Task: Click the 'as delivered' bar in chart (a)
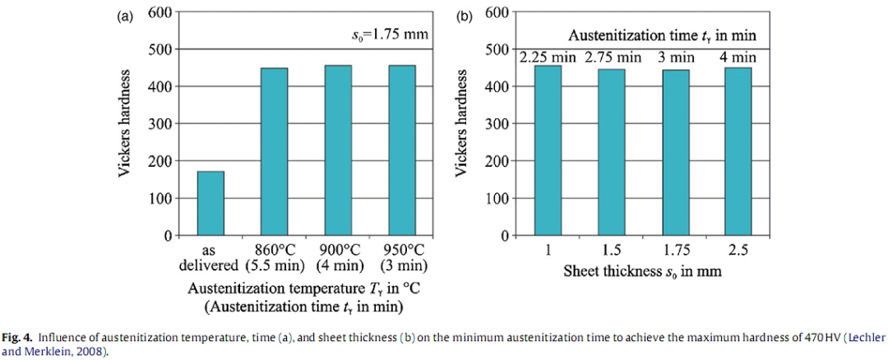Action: click(210, 203)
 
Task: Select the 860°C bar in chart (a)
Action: click(274, 152)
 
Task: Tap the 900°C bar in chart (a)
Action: click(338, 150)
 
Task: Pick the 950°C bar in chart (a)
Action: click(402, 150)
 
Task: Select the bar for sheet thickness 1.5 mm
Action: click(611, 152)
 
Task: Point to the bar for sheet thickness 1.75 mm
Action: click(675, 153)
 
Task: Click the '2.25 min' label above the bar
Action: click(548, 58)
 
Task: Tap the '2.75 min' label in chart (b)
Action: click(613, 58)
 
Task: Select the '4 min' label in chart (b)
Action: click(738, 58)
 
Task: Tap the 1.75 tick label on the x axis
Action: click(675, 250)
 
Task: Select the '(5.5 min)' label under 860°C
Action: click(274, 266)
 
